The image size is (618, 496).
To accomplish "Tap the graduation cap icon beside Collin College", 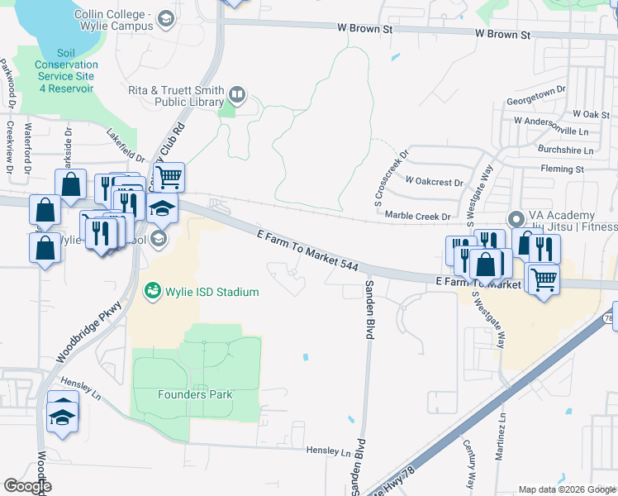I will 166,17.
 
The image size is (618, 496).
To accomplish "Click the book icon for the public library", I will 237,95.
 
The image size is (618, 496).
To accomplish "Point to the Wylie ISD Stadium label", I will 212,292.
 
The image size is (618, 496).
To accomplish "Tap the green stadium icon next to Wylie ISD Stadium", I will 152,291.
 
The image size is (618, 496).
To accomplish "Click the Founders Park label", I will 195,394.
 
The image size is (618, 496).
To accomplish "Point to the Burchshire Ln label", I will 565,150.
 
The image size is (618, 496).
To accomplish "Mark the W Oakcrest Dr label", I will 434,179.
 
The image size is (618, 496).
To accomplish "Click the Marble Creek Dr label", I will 417,216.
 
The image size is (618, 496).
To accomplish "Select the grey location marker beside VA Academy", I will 516,219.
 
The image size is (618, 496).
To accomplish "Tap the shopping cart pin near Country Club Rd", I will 169,176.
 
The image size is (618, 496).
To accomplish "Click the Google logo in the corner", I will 27,486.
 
